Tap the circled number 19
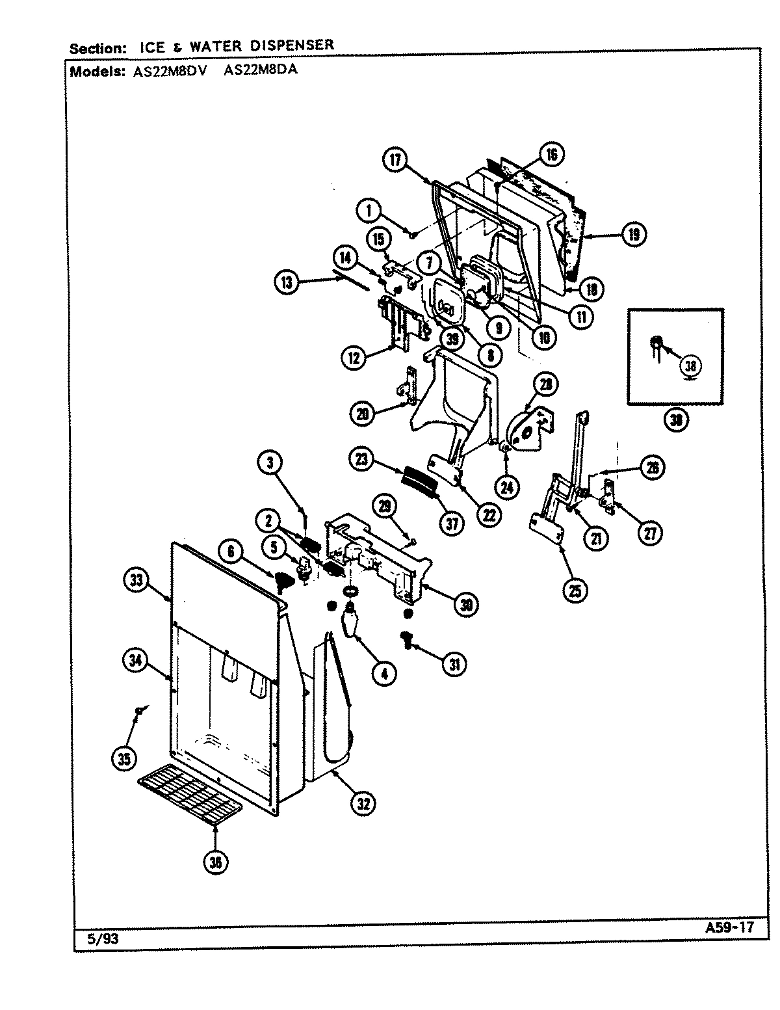point(633,234)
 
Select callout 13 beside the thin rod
point(287,282)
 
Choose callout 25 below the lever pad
point(576,590)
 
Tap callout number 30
point(466,605)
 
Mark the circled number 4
point(384,674)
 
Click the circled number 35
point(124,758)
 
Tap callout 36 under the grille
point(216,862)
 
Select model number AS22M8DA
point(260,70)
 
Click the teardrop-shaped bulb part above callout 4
point(351,624)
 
